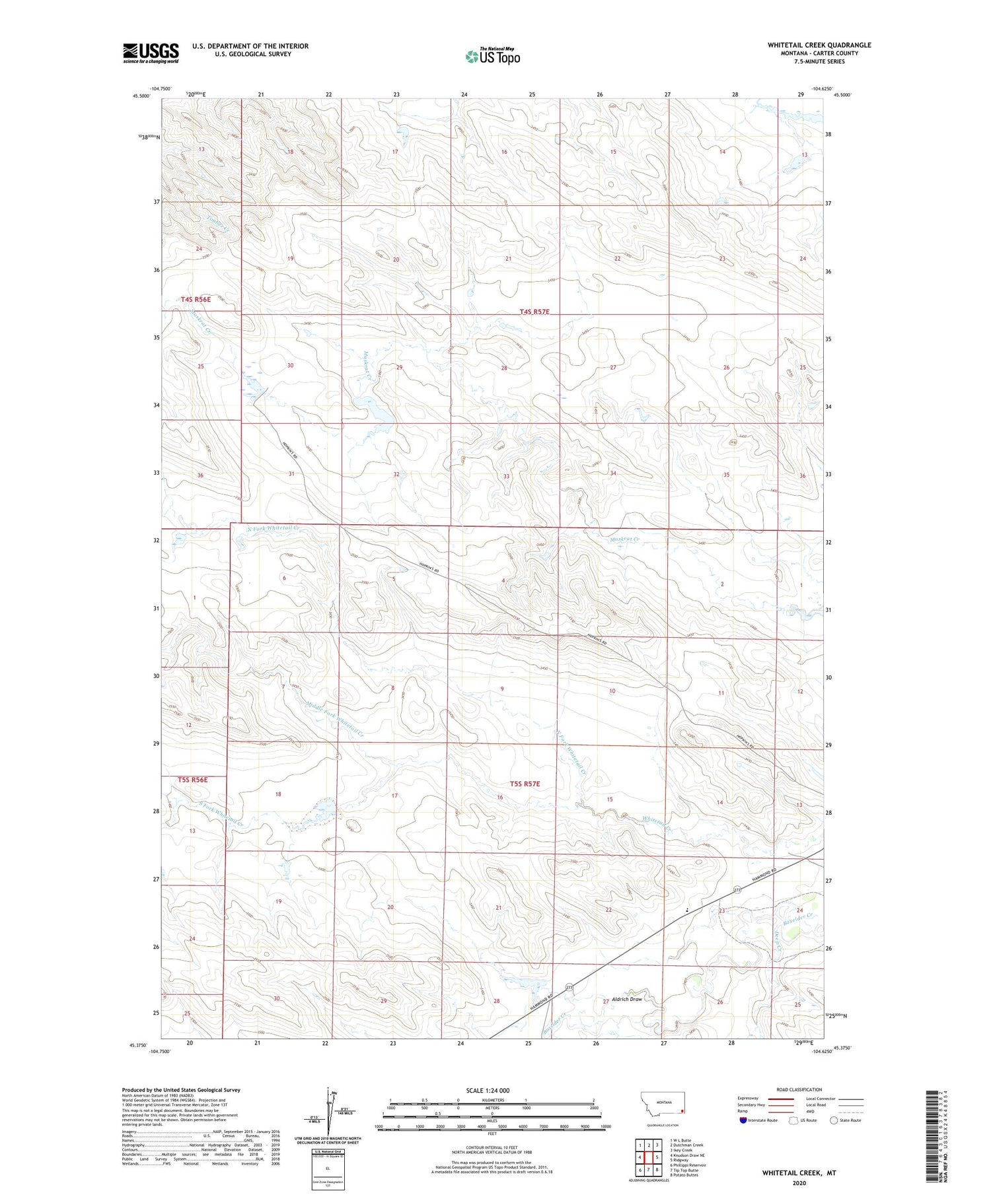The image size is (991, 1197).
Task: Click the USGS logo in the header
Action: coord(151,53)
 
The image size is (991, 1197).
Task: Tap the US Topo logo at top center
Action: coord(493,56)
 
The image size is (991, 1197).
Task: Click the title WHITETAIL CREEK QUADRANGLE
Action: coord(819,45)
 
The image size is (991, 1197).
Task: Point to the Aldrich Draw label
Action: coord(627,999)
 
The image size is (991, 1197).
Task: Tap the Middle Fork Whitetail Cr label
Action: coord(335,717)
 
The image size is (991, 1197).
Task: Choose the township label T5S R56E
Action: coord(193,780)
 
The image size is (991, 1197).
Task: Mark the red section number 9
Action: coord(502,689)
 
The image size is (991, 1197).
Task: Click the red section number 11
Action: coord(721,693)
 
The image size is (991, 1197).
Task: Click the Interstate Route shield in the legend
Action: coord(743,1120)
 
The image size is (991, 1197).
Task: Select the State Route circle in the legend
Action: coord(834,1120)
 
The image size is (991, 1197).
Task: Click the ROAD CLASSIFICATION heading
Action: coord(799,1089)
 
